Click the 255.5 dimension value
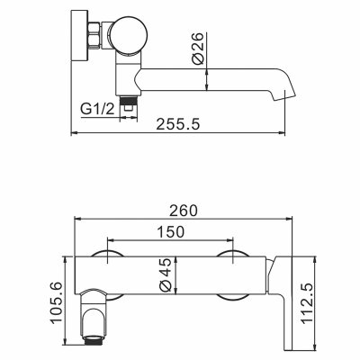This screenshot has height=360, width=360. (178, 124)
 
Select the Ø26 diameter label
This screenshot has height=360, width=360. (198, 49)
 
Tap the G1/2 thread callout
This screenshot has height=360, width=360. (98, 109)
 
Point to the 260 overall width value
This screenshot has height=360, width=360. (184, 211)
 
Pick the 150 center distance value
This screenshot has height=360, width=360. (171, 231)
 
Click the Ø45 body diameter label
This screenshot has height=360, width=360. (166, 274)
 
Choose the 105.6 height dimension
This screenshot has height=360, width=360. (56, 302)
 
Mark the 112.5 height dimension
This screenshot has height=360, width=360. (307, 303)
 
